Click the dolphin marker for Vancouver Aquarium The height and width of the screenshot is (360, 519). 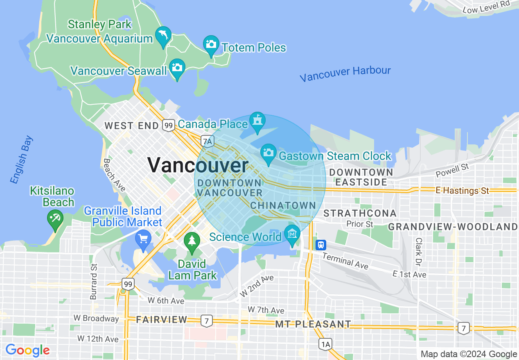pos(163,35)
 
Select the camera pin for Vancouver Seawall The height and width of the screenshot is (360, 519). pos(177,67)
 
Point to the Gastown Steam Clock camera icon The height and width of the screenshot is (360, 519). pos(269,153)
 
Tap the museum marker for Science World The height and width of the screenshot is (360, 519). pos(292,234)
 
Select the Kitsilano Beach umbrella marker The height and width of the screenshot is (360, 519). pos(55,218)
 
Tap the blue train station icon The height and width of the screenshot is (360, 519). pos(321,245)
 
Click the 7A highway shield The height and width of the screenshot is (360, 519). pos(208,142)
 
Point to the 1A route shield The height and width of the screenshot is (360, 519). pos(325,344)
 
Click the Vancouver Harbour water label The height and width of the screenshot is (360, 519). pos(345,74)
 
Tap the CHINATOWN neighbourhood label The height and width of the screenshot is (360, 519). pos(283,205)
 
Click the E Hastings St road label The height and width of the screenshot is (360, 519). pos(463,191)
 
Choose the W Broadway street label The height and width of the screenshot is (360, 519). pos(96,318)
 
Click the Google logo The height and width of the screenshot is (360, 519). pos(27,350)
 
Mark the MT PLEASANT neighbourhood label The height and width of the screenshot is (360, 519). pos(313,324)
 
